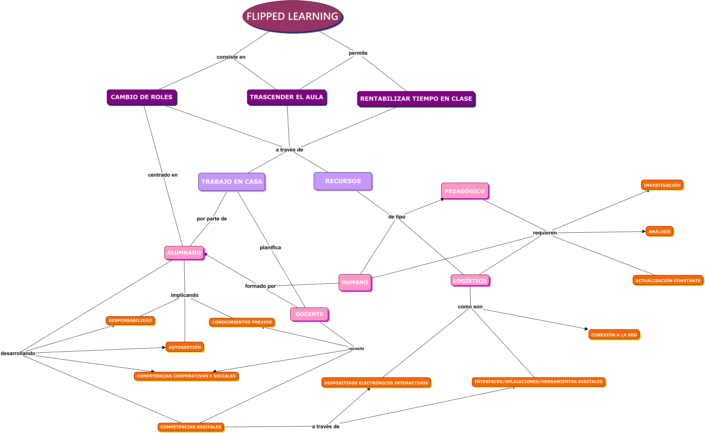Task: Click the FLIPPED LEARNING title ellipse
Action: point(292,16)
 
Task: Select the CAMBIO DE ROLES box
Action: point(142,97)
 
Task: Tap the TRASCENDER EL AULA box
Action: point(286,97)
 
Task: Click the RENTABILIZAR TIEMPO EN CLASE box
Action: point(416,99)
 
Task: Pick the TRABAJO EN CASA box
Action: point(232,182)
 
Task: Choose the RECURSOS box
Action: point(343,181)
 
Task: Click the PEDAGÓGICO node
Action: point(464,191)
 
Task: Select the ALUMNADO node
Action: point(184,253)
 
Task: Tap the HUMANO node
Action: point(355,282)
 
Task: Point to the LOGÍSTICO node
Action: point(470,281)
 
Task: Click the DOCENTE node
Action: point(309,314)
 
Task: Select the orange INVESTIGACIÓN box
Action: point(662,185)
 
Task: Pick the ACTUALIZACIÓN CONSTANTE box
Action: point(668,280)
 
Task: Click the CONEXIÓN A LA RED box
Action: point(614,335)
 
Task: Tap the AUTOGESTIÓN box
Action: point(185,347)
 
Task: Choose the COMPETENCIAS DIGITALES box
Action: point(191,427)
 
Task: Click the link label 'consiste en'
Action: point(231,57)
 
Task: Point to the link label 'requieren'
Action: point(545,233)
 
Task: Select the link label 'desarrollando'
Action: point(18,353)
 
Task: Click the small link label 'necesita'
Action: point(356,349)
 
